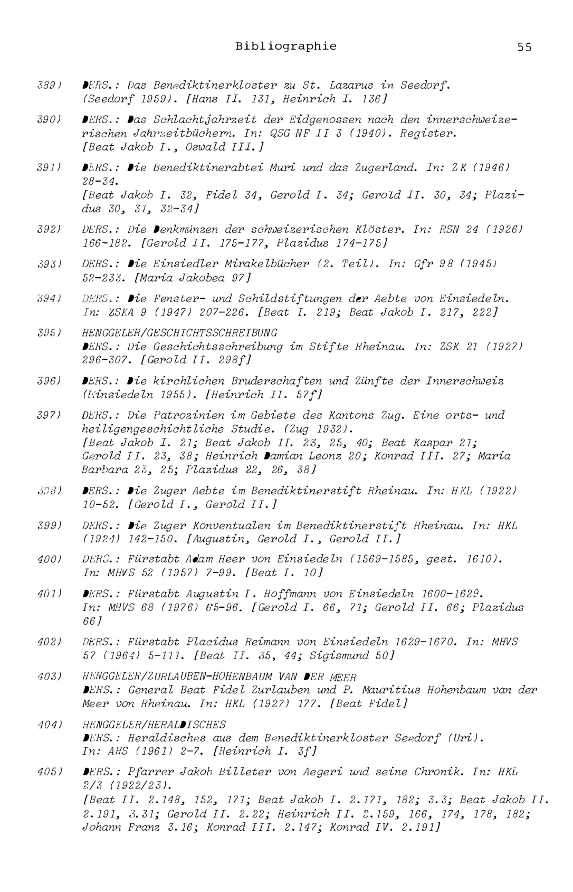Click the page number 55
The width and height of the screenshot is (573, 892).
coord(524,47)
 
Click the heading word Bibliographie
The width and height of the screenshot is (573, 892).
coord(286,46)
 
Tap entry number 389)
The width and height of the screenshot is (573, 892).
coord(49,85)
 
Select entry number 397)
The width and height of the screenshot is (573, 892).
coord(49,415)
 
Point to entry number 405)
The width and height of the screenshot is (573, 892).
coord(49,772)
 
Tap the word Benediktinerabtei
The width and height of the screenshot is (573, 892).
coord(207,168)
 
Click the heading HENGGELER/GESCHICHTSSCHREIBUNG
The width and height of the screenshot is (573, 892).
coord(180,333)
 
